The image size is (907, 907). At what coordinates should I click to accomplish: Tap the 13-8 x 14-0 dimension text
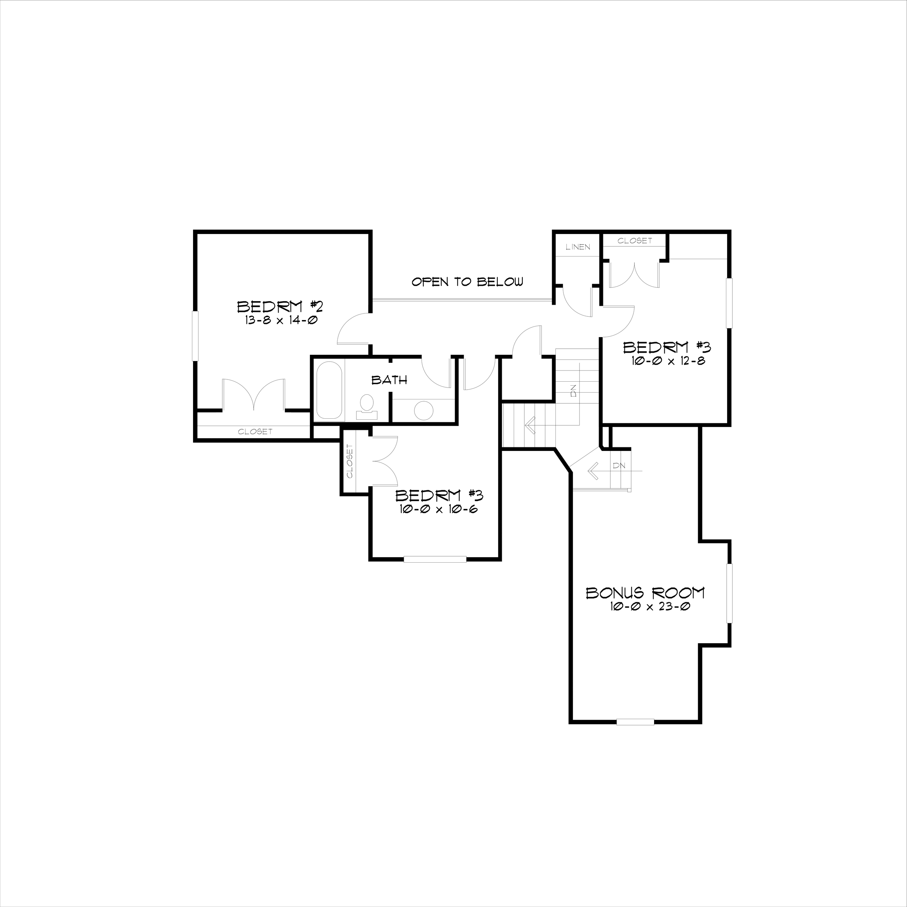click(x=281, y=321)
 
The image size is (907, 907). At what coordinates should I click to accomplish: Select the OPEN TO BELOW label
click(x=467, y=282)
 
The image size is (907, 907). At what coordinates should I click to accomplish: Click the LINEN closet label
click(x=578, y=247)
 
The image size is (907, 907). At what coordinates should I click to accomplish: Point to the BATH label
click(x=389, y=380)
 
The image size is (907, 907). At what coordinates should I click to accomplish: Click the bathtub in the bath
click(x=329, y=390)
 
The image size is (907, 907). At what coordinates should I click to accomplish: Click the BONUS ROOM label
click(x=645, y=593)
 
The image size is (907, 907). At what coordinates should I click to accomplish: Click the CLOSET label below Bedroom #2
click(x=255, y=431)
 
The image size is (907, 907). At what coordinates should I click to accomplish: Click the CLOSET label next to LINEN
click(x=635, y=241)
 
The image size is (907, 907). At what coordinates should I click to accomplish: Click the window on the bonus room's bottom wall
click(x=635, y=722)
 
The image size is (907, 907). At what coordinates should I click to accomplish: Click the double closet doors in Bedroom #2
click(x=254, y=394)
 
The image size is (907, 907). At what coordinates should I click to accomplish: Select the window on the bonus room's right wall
click(x=729, y=594)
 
